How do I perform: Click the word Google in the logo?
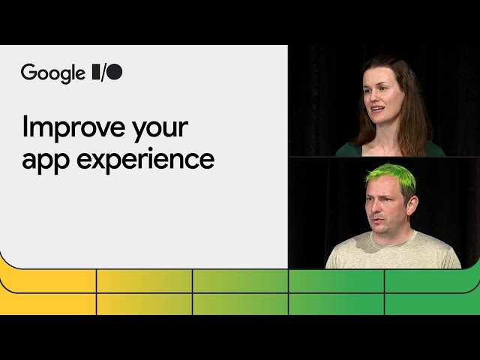pyautogui.click(x=52, y=73)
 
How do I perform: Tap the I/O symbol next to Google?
pyautogui.click(x=106, y=73)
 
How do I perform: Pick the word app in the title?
pyautogui.click(x=42, y=160)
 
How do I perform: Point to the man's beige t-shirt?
pyautogui.click(x=394, y=253)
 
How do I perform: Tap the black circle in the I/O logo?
pyautogui.click(x=115, y=73)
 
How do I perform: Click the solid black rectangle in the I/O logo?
pyautogui.click(x=95, y=73)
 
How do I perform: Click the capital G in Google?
pyautogui.click(x=28, y=72)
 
